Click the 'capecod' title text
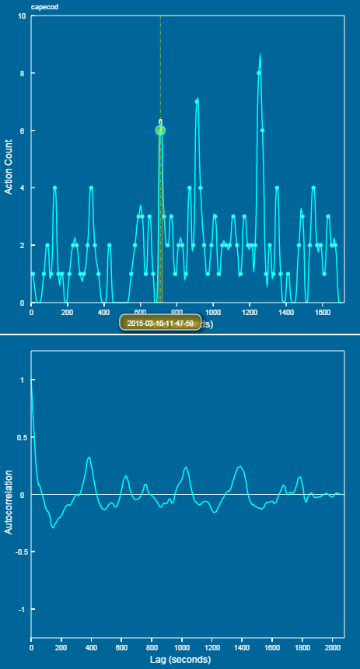click(32, 7)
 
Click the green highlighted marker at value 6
click(160, 131)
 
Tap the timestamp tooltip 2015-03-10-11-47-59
click(160, 322)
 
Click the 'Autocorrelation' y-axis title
click(9, 501)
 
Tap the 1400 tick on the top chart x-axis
click(285, 313)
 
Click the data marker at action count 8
click(258, 74)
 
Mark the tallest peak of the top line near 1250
click(260, 54)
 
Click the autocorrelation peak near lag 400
click(89, 457)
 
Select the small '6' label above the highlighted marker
click(160, 122)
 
